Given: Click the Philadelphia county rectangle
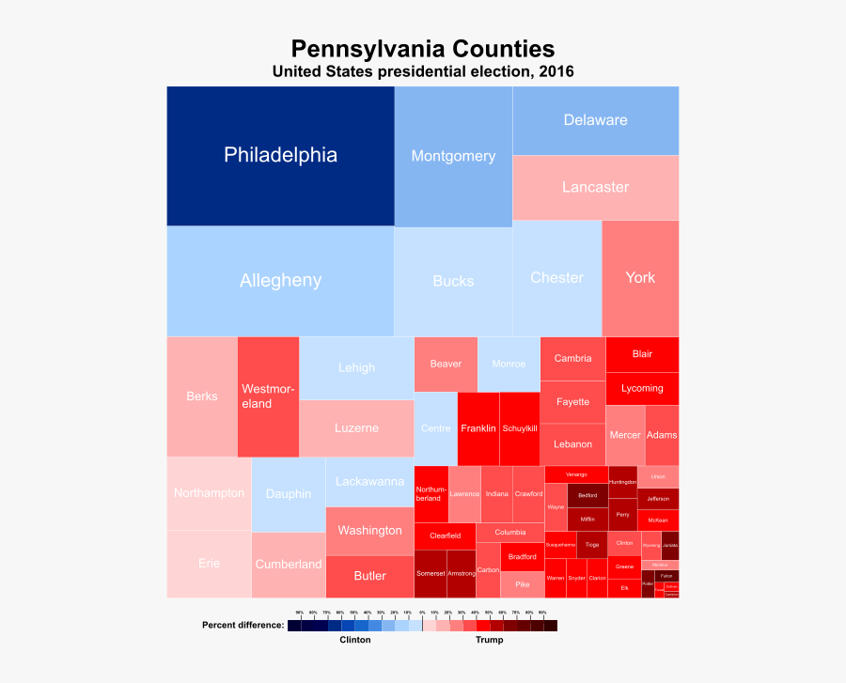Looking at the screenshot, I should (280, 156).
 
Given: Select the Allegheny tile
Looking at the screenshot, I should (280, 281).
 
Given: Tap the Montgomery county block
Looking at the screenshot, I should (453, 157).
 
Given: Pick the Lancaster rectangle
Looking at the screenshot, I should (595, 187).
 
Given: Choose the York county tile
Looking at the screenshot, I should (640, 278).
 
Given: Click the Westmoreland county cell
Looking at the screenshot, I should (268, 396).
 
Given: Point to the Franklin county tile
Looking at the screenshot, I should (478, 428).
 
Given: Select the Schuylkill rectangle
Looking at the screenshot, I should (519, 428).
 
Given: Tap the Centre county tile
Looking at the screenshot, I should (435, 428).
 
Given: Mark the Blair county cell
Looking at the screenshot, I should (642, 354).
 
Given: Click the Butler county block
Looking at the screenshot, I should (369, 576).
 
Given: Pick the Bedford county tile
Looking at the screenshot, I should (587, 495).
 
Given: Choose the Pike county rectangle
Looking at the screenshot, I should (522, 584).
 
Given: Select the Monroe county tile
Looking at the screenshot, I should (509, 364).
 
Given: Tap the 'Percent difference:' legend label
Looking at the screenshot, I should (243, 625).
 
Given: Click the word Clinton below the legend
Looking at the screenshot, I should (354, 640).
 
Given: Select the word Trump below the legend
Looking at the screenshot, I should (489, 640).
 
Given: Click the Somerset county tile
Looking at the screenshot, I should (431, 573).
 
